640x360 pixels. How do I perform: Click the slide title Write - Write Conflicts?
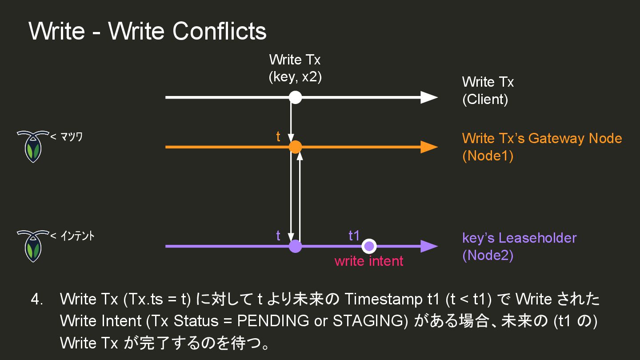[x=148, y=31]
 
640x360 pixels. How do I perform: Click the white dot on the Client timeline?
[x=296, y=97]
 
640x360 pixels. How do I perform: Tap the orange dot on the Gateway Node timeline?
[x=296, y=147]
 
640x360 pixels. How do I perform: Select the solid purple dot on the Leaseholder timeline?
[x=296, y=246]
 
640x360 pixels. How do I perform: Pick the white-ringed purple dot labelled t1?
[x=369, y=246]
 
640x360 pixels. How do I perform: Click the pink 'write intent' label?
[x=369, y=261]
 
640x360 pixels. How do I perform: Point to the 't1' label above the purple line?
[x=354, y=236]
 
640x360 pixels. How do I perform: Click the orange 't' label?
[x=278, y=137]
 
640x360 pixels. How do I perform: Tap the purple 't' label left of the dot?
[x=278, y=236]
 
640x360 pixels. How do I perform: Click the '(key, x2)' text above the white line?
[x=295, y=77]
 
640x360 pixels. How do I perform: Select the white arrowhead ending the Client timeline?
[x=429, y=97]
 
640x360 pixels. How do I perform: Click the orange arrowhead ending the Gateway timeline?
[x=429, y=147]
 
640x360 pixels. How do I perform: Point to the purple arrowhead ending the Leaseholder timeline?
[x=429, y=246]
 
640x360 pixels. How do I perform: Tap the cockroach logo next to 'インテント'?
[x=32, y=245]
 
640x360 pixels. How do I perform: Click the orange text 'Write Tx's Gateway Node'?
[x=542, y=138]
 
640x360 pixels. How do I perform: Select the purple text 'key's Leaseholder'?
[x=519, y=238]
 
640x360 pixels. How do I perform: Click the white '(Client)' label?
[x=485, y=99]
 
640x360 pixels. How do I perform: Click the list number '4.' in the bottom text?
[x=37, y=299]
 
